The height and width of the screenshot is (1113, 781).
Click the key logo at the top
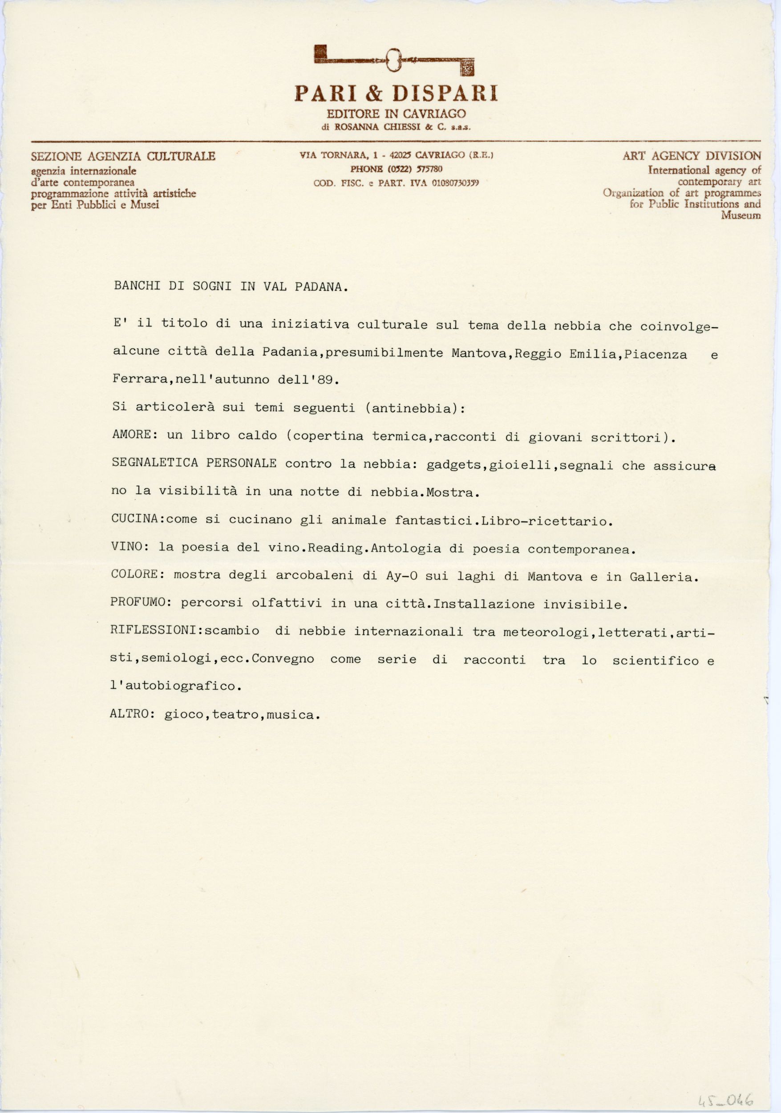click(394, 60)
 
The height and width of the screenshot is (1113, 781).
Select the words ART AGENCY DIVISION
click(692, 156)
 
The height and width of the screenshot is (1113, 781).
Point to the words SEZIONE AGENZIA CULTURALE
click(123, 157)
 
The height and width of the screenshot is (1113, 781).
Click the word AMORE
click(132, 435)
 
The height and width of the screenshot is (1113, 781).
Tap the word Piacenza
click(656, 355)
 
